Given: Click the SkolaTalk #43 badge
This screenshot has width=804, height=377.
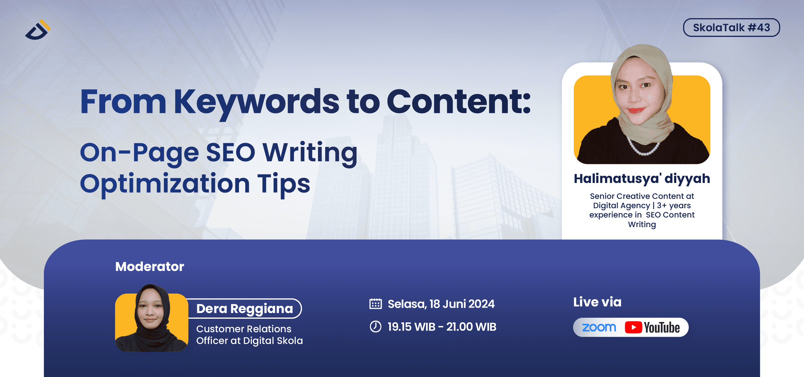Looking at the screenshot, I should (731, 27).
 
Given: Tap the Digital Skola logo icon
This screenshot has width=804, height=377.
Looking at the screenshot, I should (38, 31).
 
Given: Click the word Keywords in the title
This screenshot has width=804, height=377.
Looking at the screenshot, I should (256, 102).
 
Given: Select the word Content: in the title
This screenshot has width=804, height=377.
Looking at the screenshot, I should (458, 102).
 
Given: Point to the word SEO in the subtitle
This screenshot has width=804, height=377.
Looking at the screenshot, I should (230, 153).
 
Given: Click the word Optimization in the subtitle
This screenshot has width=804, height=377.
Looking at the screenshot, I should (164, 184).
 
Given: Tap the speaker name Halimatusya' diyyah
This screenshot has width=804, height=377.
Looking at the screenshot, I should (642, 179).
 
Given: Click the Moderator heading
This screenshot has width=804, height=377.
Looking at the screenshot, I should (149, 267).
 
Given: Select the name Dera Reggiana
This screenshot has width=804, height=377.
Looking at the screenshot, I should (244, 309).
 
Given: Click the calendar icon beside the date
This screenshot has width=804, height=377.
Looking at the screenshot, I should (375, 304).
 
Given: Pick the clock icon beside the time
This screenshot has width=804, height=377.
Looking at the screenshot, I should (375, 327).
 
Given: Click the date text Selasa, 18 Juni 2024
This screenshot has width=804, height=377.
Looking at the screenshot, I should (441, 304).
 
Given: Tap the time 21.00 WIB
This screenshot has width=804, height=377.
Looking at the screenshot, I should (471, 327).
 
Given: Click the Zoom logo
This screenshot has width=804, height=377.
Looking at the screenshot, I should (599, 327).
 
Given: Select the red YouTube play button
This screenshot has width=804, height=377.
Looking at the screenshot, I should (633, 327).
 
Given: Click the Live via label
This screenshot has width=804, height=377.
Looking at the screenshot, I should (597, 302).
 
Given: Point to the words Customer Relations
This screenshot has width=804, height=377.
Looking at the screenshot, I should (243, 329).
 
